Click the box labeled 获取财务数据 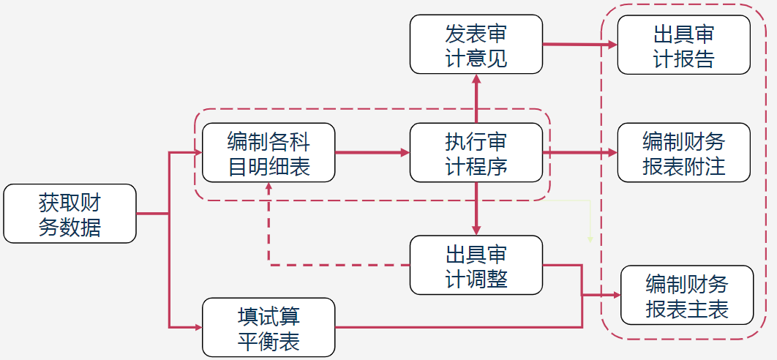(x=70, y=214)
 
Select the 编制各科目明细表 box (x=269, y=152)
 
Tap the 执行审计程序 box (x=476, y=152)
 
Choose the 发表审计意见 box (x=476, y=44)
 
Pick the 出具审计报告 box (x=683, y=45)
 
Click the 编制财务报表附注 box (x=683, y=152)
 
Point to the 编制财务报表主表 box (x=686, y=295)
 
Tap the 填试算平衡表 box (x=269, y=327)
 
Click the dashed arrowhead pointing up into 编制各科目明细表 (x=269, y=187)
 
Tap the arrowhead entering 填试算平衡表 (x=197, y=327)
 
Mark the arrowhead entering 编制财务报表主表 (x=615, y=295)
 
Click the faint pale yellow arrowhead (x=590, y=237)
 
